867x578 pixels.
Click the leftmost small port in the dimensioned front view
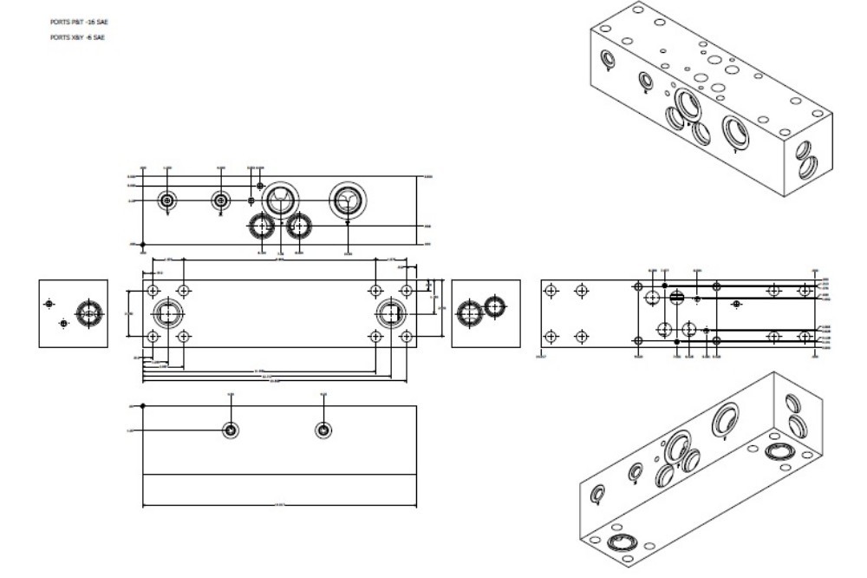click(x=167, y=200)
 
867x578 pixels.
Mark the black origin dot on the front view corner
click(x=143, y=245)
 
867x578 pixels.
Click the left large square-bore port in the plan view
click(x=167, y=313)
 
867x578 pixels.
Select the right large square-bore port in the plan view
click(x=389, y=313)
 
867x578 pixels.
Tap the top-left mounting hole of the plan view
click(x=153, y=290)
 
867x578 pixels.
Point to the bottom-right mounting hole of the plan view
click(x=406, y=336)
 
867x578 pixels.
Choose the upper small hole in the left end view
click(x=49, y=303)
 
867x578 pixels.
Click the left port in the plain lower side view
click(x=231, y=430)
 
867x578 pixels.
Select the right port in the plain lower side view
click(x=323, y=430)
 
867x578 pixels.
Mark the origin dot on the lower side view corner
click(x=143, y=405)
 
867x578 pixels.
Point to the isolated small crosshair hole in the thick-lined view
click(x=736, y=304)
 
